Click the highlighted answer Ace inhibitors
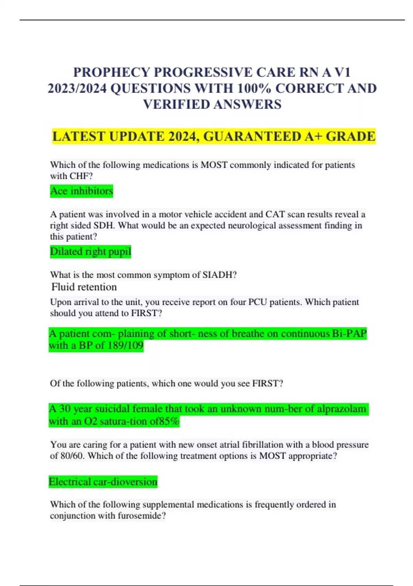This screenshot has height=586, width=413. coord(82,191)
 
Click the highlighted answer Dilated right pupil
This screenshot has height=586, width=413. coord(91,251)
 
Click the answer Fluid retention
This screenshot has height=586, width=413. coord(84,287)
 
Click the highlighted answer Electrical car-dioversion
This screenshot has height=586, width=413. coord(103,482)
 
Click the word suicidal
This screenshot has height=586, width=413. coord(112,409)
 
